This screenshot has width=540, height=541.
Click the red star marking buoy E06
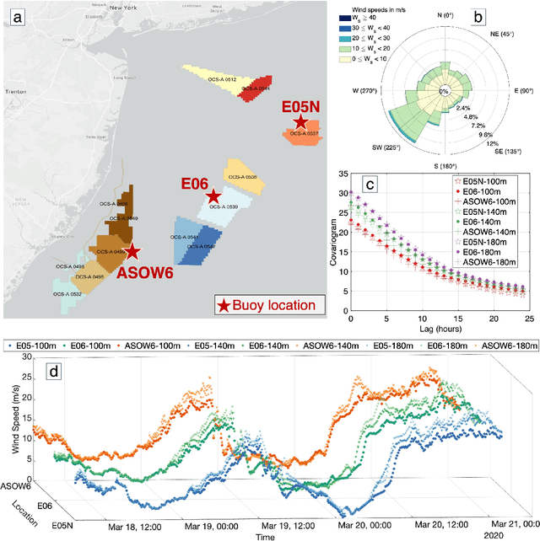coord(214,196)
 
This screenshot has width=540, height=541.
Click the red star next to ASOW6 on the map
coord(132,250)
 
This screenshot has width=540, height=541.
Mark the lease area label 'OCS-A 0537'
coord(302,133)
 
